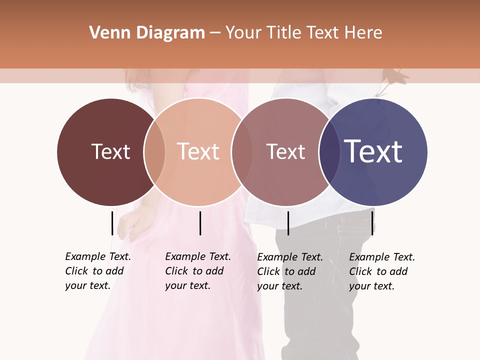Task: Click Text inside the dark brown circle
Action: [110, 151]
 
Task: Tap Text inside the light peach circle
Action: [198, 151]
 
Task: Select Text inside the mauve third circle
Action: [285, 151]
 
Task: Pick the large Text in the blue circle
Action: [373, 151]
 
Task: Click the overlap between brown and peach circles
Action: [154, 152]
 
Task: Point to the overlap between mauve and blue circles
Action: [329, 152]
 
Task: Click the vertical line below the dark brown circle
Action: [112, 223]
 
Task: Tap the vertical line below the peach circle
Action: [200, 223]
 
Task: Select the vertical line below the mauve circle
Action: [288, 223]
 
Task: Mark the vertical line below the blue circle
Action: [373, 223]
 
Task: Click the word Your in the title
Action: [244, 33]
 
